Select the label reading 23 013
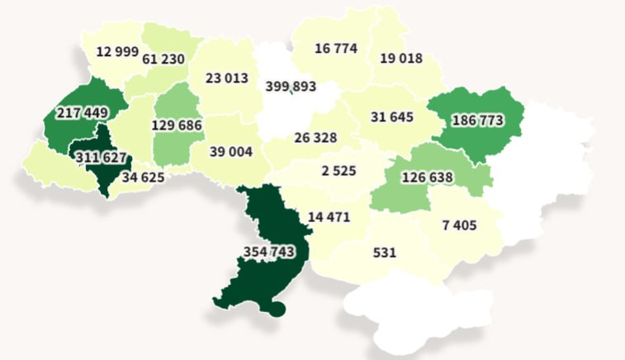(x=227, y=78)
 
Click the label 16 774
(x=336, y=49)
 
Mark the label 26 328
(x=315, y=137)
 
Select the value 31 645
(x=392, y=117)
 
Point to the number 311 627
(x=105, y=158)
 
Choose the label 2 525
(x=339, y=172)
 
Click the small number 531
(x=384, y=252)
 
